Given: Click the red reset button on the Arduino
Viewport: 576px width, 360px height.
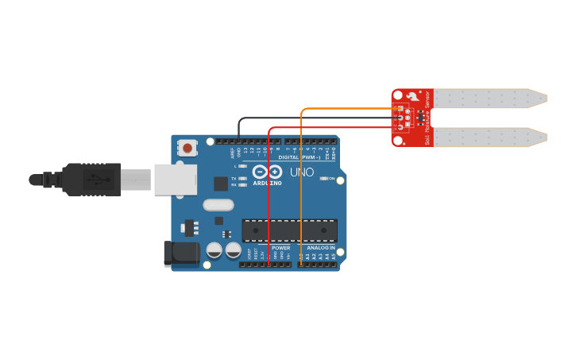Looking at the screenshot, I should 187,147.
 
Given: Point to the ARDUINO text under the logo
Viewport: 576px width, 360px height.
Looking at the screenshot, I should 267,183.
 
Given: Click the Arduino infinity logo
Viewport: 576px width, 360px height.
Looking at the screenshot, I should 267,172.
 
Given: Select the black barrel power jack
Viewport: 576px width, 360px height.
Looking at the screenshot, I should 181,253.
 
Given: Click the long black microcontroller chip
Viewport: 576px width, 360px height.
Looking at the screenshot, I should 289,230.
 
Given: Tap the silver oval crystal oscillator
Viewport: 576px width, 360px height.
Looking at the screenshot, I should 218,205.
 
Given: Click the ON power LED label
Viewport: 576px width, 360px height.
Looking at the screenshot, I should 331,179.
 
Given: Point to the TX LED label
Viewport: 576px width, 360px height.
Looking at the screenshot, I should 234,179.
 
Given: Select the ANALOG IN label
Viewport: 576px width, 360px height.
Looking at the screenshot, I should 320,248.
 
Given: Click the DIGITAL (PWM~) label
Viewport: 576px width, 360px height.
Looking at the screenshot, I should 305,157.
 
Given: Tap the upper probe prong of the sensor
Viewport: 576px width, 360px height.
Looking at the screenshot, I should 489,99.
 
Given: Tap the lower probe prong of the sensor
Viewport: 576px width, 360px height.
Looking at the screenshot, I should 489,137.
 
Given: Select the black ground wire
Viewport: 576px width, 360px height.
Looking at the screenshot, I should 318,118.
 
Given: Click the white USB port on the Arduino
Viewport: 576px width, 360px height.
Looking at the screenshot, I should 175,180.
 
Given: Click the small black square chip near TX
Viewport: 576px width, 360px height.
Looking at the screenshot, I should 221,184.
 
